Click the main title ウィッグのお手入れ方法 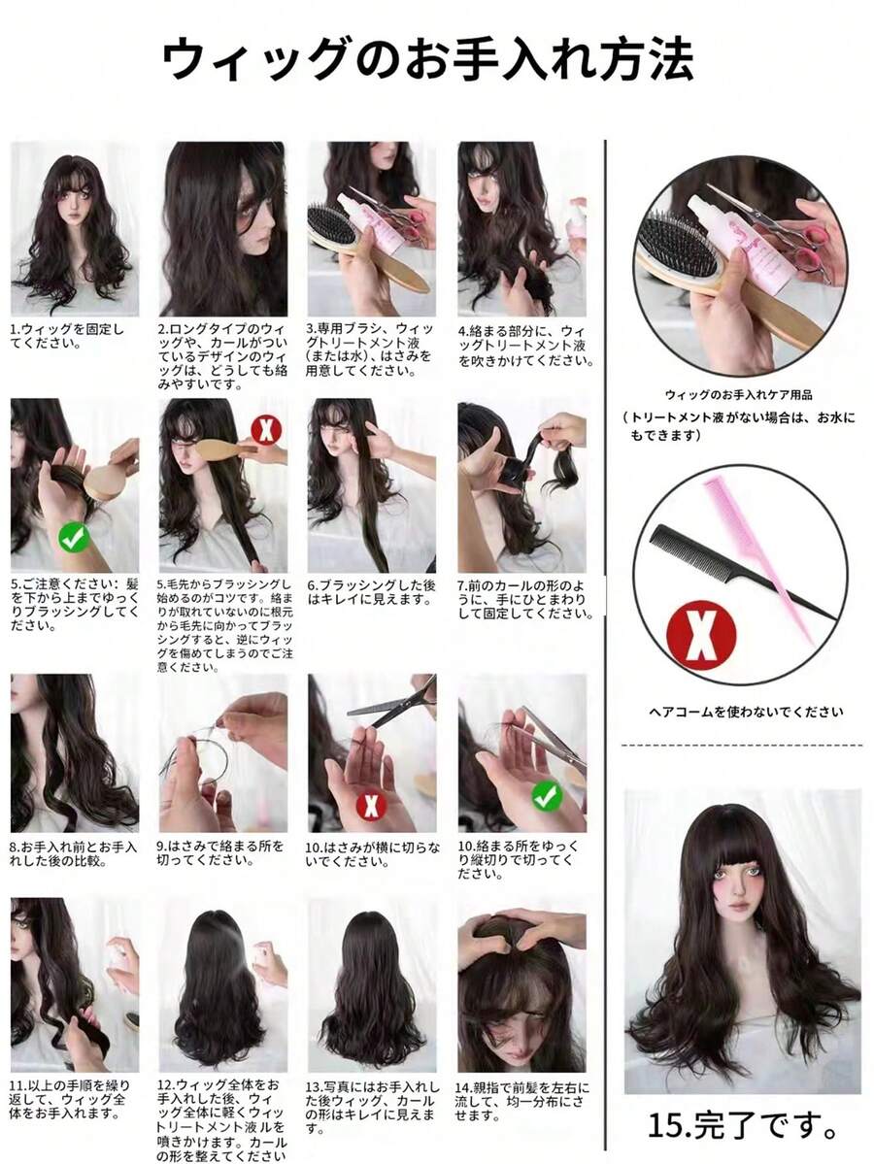pyautogui.click(x=427, y=58)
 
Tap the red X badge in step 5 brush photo pyautogui.click(x=266, y=429)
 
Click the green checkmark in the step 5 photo pyautogui.click(x=74, y=538)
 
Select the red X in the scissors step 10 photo pyautogui.click(x=371, y=805)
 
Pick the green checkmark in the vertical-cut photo pyautogui.click(x=547, y=796)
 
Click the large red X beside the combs pyautogui.click(x=700, y=636)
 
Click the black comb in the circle pyautogui.click(x=743, y=572)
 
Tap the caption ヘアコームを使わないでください pyautogui.click(x=746, y=712)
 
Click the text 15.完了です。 pyautogui.click(x=743, y=1124)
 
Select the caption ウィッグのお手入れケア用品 pyautogui.click(x=738, y=395)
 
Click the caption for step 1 pyautogui.click(x=67, y=336)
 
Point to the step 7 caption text pyautogui.click(x=524, y=599)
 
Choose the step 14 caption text pyautogui.click(x=522, y=1102)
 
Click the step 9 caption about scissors pyautogui.click(x=219, y=853)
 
